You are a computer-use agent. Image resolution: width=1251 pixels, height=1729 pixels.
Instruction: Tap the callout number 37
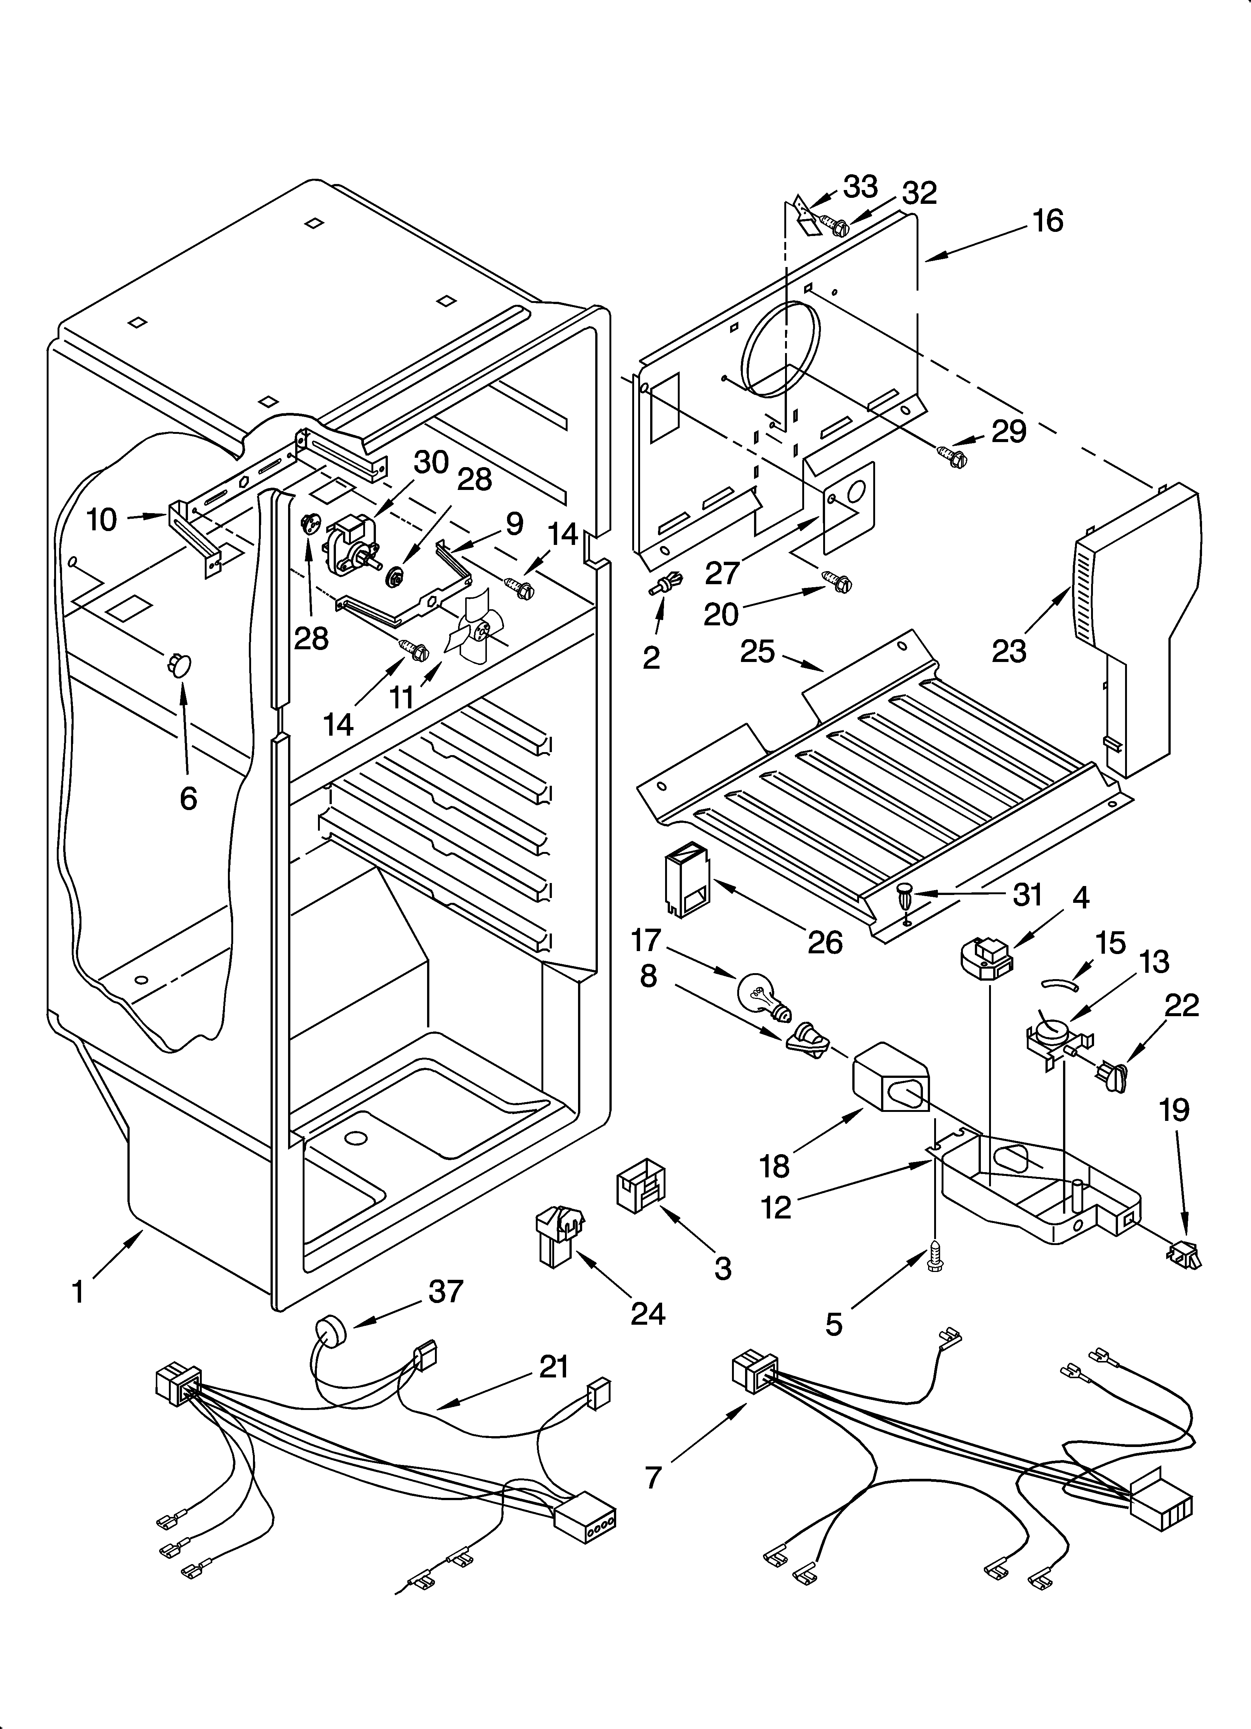446,1291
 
